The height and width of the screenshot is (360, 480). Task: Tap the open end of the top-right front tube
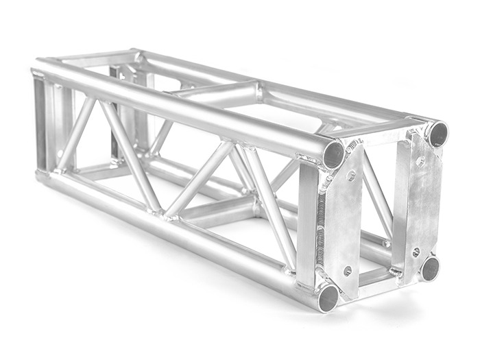(x=437, y=133)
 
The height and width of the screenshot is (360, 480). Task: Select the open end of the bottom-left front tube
(x=328, y=297)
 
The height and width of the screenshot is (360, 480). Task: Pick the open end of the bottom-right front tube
(x=429, y=268)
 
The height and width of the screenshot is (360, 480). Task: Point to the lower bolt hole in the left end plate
(x=347, y=271)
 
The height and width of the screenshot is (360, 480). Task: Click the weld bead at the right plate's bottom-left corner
(x=397, y=272)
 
